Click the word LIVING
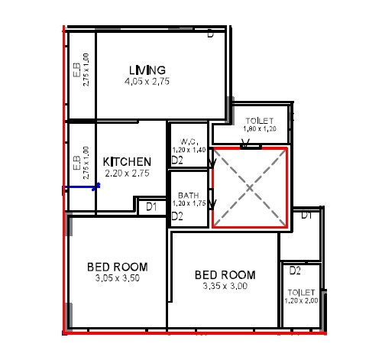(147, 70)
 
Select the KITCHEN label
(127, 162)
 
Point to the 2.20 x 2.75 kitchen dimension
(127, 174)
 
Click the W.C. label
(189, 141)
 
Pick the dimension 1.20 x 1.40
(189, 150)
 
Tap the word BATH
(189, 196)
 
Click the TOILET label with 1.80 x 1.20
(261, 122)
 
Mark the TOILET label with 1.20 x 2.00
(301, 293)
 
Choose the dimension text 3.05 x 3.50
(117, 278)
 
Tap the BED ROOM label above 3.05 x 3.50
(117, 267)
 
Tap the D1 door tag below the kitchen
(151, 206)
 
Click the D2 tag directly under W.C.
(176, 161)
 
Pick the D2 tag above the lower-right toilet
(296, 271)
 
